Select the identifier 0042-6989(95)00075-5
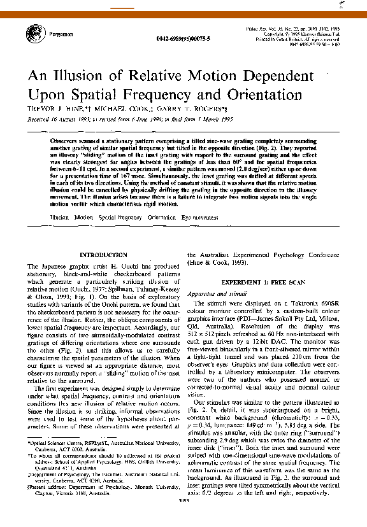[181, 39]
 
